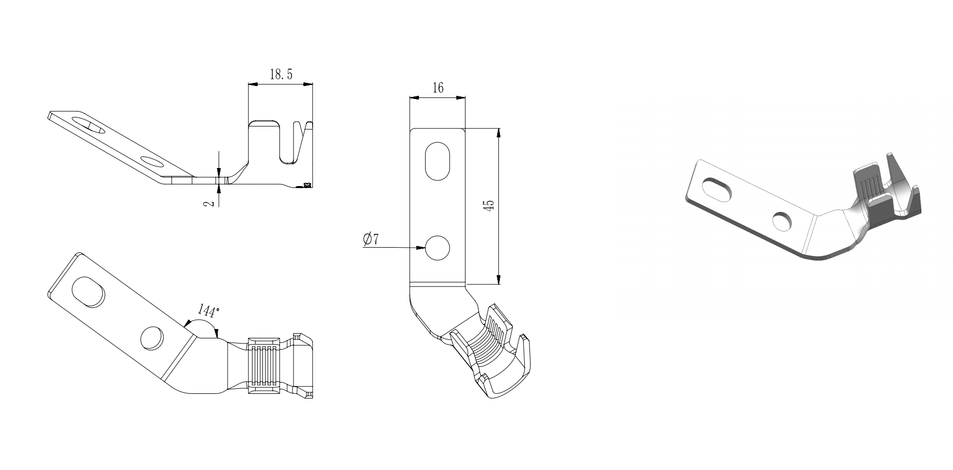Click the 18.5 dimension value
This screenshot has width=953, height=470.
pyautogui.click(x=281, y=75)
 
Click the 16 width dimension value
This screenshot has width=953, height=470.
pyautogui.click(x=438, y=88)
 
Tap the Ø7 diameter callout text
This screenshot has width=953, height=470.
pyautogui.click(x=371, y=239)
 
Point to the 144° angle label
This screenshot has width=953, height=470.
pyautogui.click(x=208, y=311)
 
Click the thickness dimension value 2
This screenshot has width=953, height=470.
pyautogui.click(x=209, y=202)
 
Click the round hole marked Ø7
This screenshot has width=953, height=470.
pyautogui.click(x=437, y=248)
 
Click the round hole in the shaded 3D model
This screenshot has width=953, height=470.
pyautogui.click(x=782, y=221)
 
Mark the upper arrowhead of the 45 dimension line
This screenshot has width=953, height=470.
pyautogui.click(x=499, y=133)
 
